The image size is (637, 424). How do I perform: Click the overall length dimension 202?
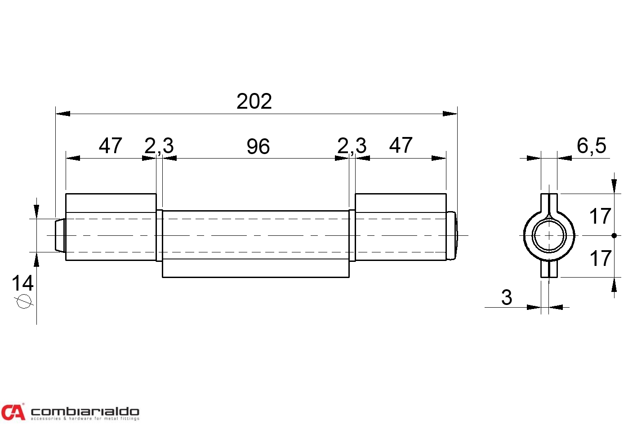254,101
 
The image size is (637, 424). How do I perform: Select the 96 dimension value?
258,146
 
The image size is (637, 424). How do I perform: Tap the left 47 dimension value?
110,146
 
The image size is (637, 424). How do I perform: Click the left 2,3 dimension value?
159,146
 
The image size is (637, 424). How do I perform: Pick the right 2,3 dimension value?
352,146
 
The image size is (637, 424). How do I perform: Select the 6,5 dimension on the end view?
591,146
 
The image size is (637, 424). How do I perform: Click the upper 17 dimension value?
600,216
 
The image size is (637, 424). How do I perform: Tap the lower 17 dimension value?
600,258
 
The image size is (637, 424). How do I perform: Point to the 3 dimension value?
507,297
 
